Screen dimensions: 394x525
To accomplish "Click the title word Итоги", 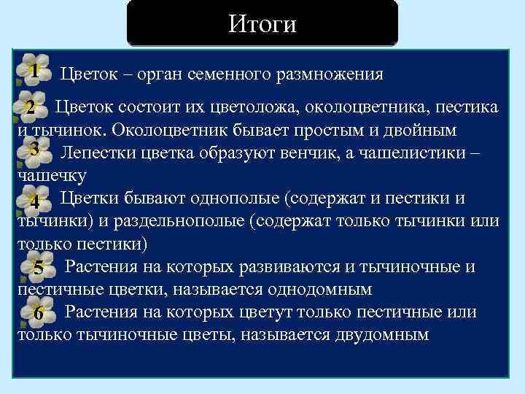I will click(x=262, y=24).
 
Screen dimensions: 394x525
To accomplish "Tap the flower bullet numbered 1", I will click(x=34, y=70).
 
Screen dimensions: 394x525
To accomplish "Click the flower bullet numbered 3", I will click(x=35, y=149).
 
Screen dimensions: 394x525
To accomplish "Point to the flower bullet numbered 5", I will click(x=38, y=268).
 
